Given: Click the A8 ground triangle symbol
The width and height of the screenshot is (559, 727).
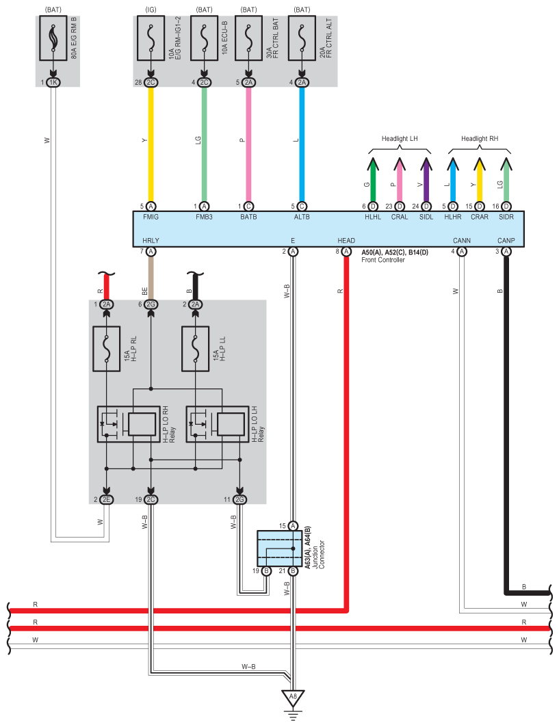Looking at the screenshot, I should [293, 698].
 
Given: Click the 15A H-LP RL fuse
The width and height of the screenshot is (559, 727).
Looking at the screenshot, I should [107, 349].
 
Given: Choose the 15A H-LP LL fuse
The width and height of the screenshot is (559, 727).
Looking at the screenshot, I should [196, 349].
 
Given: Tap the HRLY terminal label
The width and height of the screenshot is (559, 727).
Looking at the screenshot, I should [151, 241].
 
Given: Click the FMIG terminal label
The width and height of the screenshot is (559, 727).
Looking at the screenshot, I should [151, 217].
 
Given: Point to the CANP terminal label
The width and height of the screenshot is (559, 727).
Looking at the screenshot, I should [506, 241].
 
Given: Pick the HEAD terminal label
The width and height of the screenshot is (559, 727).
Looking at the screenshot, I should [346, 241].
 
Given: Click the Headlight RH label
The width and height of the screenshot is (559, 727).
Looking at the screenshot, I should [479, 138].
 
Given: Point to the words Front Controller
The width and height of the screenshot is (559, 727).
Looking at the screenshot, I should [383, 260].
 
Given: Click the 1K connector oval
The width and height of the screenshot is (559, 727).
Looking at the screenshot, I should [53, 82].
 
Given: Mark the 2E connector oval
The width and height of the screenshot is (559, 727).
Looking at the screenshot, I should [107, 499].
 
